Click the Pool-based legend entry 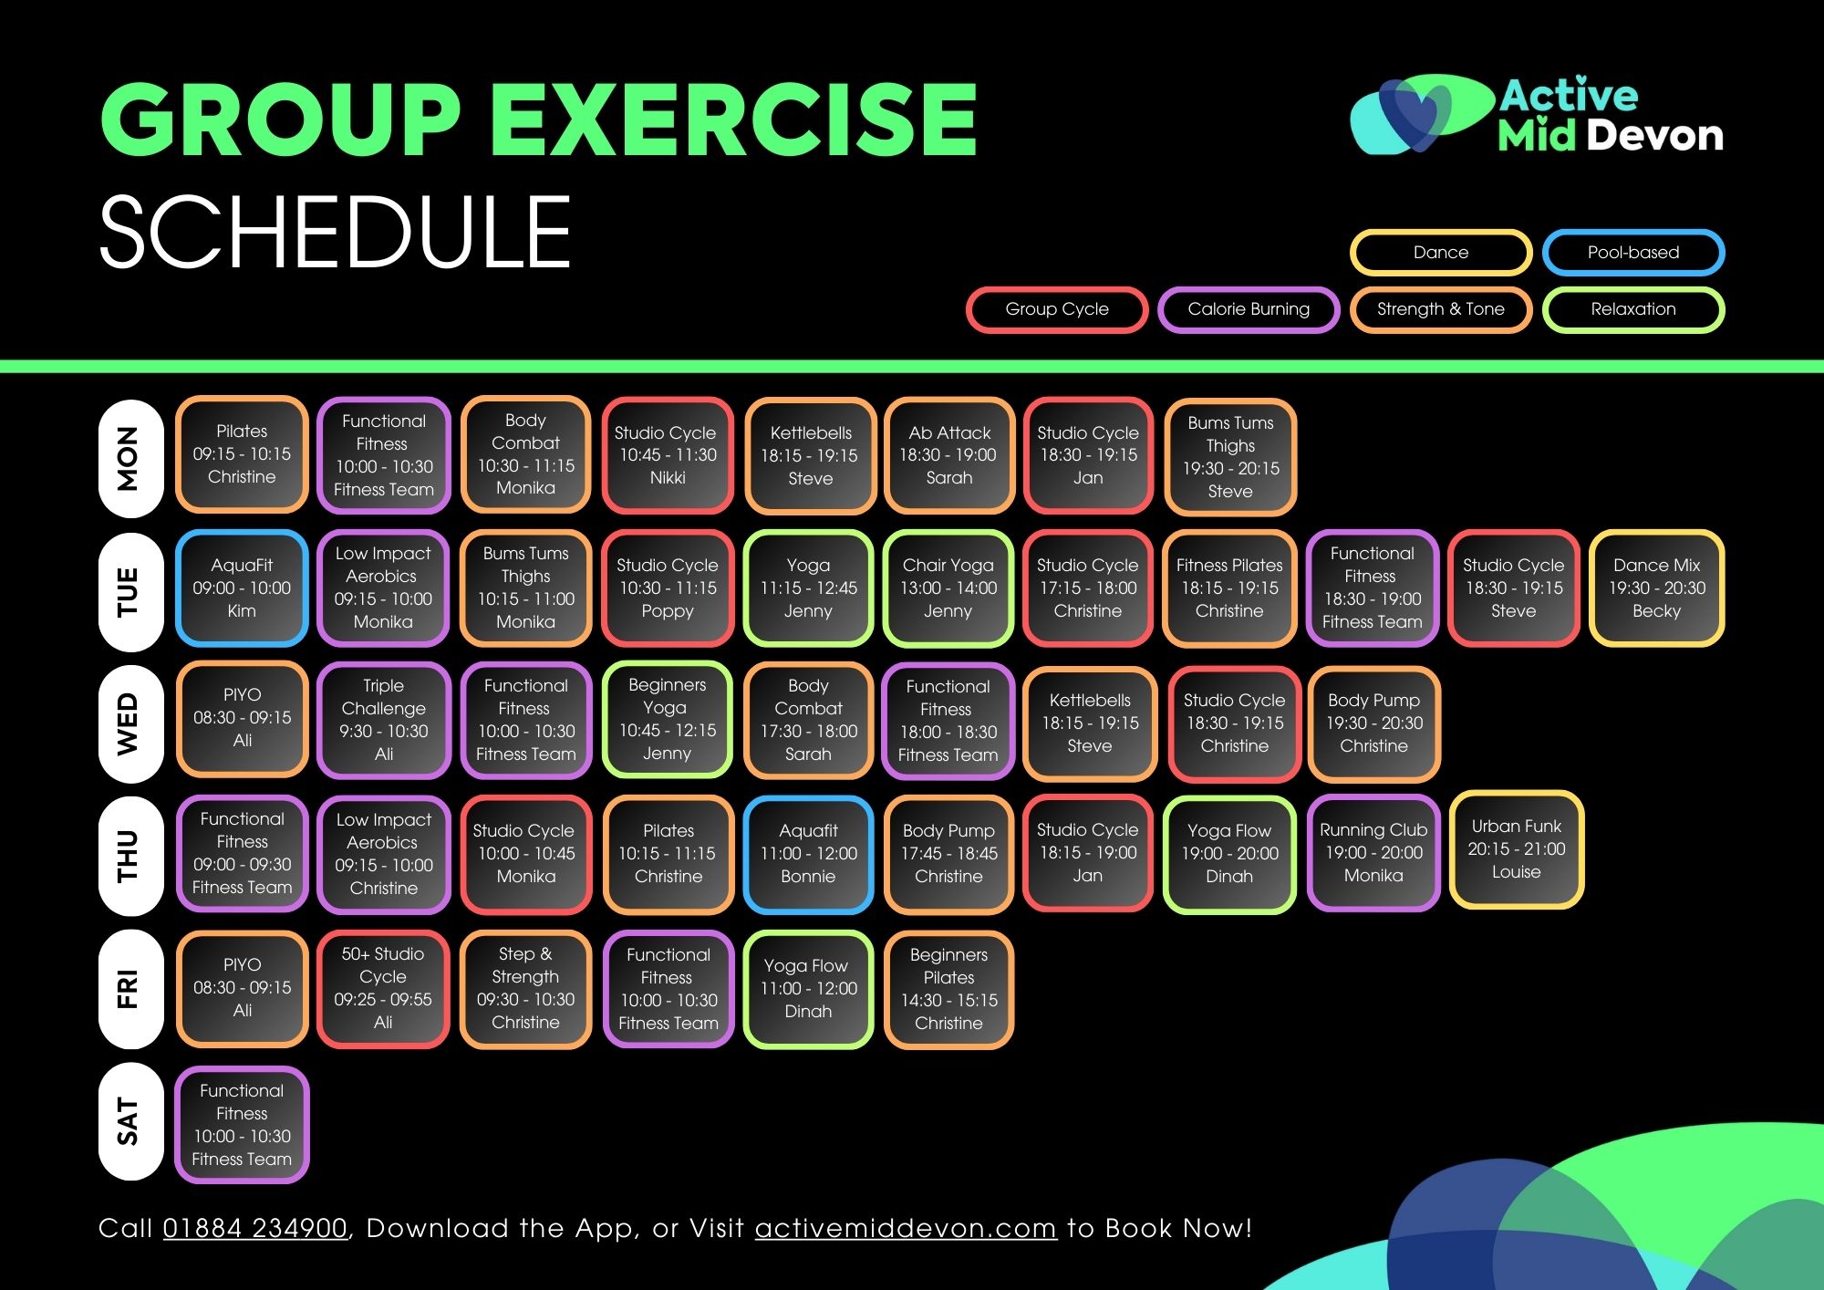(1632, 253)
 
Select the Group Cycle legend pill (1057, 309)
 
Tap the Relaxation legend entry (1632, 309)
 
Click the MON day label (130, 458)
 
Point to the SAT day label (130, 1122)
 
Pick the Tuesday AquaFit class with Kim (242, 588)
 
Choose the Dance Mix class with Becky (1656, 588)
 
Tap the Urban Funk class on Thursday (1516, 849)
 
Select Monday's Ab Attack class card (948, 455)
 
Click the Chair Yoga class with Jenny (948, 588)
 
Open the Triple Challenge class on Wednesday (384, 721)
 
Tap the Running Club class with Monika (1373, 853)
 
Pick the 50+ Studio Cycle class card (383, 989)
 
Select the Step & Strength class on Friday (525, 989)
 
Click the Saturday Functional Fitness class (242, 1125)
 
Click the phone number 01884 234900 (255, 1229)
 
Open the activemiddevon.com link (906, 1229)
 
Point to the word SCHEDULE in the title (335, 232)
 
